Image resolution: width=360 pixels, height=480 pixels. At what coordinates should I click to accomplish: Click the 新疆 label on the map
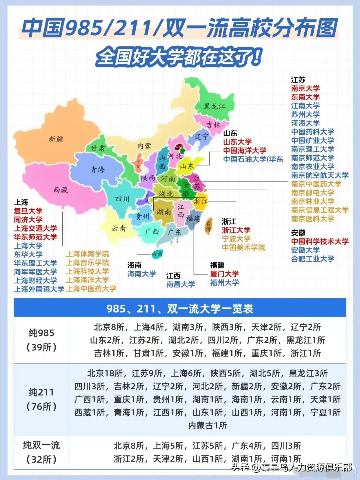coord(56,139)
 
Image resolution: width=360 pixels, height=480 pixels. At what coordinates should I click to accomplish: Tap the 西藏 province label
coord(61,190)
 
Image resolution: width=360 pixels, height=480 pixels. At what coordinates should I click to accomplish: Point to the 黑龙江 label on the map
coord(214,106)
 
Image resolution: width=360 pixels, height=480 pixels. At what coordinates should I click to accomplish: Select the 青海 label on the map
coord(97,169)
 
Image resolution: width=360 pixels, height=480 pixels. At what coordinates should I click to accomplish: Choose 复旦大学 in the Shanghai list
coord(28,211)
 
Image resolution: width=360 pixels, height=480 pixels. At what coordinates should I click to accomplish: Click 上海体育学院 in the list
coord(88,254)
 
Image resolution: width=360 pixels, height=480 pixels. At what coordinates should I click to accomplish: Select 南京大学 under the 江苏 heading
coord(305,88)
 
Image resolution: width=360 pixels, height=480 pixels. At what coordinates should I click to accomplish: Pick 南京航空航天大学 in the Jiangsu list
coord(320,175)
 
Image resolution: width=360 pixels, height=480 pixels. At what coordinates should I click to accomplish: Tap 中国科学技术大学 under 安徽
coord(320,241)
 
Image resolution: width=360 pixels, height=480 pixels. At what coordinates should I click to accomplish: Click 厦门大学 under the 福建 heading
coord(224,274)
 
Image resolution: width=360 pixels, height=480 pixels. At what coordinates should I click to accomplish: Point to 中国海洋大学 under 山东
coord(244,150)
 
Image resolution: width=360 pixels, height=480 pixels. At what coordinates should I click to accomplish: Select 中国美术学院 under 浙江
coord(243,248)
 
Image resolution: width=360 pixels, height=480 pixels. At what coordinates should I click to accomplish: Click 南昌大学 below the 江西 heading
coord(180,284)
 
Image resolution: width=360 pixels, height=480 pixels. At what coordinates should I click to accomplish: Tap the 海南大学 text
coord(141,274)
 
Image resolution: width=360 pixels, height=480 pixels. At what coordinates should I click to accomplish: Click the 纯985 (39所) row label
coord(41,340)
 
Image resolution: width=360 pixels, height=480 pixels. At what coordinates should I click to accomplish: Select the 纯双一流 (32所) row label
coord(41,452)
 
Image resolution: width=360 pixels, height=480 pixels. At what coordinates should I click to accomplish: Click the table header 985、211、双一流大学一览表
coord(180,309)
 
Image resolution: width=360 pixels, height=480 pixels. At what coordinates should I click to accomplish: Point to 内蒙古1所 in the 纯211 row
coord(207,426)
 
